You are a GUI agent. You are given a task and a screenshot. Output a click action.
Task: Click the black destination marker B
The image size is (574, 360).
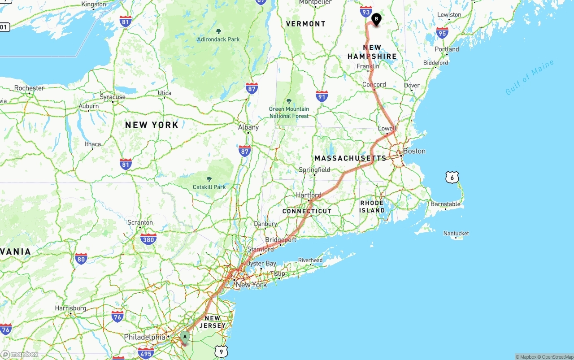click(x=376, y=19)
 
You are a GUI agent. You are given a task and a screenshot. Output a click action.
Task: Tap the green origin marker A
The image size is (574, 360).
click(x=185, y=337)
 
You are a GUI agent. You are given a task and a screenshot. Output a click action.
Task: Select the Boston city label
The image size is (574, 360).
click(x=414, y=151)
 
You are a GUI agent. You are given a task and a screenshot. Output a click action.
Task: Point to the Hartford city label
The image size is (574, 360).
click(x=309, y=195)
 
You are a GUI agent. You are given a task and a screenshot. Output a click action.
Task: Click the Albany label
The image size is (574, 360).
click(x=248, y=127)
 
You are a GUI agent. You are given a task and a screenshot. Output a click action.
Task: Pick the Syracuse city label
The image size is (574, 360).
click(x=113, y=97)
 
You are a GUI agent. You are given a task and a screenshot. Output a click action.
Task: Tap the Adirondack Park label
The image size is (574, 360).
click(x=218, y=39)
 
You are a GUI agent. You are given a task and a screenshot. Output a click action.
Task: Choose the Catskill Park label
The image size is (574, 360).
click(x=209, y=187)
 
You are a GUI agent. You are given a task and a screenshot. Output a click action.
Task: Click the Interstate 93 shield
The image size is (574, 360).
click(x=366, y=12)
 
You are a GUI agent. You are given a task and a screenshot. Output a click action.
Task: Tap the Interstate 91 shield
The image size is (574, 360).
click(x=322, y=95)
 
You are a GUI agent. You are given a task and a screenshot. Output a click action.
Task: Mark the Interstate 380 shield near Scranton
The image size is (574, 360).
click(x=148, y=239)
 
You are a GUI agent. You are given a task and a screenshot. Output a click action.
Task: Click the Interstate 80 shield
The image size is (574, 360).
click(x=81, y=259)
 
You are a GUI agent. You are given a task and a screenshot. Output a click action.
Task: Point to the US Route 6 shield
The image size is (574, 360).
click(x=452, y=178)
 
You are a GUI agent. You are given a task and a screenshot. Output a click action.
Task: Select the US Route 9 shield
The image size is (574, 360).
click(x=221, y=352)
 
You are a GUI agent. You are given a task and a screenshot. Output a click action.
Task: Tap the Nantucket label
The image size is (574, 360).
click(x=456, y=233)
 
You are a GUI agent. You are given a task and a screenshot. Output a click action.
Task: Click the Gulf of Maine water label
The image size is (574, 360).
click(x=530, y=78)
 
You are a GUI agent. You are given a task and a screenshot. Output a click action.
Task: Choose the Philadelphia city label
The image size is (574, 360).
click(x=145, y=337)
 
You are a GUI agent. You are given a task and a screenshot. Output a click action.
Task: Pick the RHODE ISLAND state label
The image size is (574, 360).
click(x=372, y=207)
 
